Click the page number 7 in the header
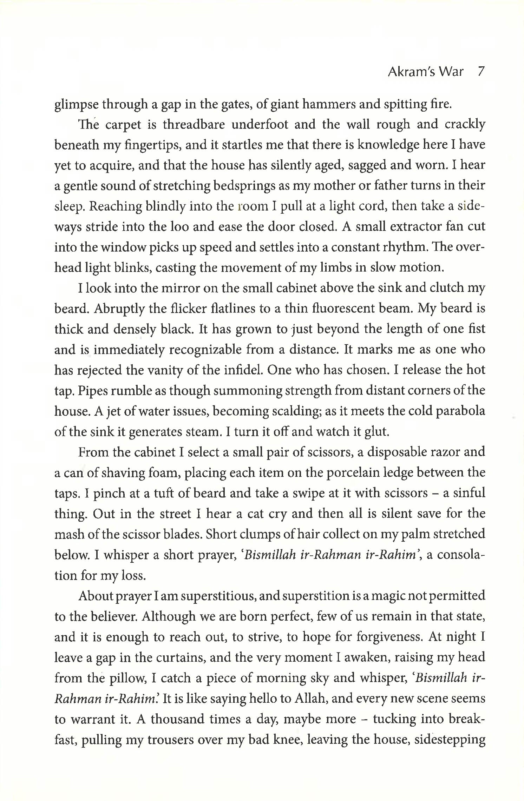coord(481,72)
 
